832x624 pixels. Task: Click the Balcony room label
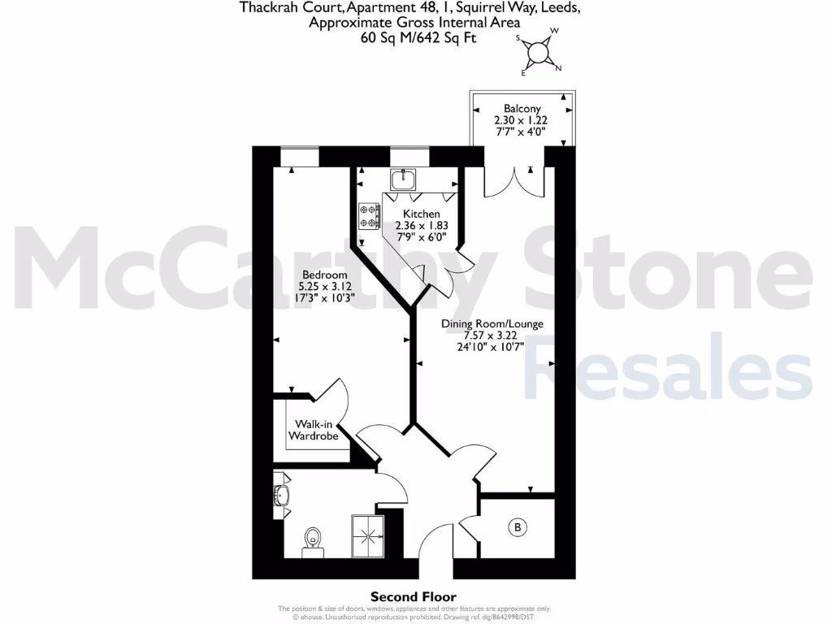click(x=522, y=108)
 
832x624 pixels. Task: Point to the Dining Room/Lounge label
click(x=492, y=324)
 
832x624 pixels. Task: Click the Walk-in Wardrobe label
click(x=314, y=430)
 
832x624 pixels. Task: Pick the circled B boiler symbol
click(x=517, y=528)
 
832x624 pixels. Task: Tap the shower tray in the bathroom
click(x=368, y=536)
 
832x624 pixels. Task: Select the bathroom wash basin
click(x=281, y=495)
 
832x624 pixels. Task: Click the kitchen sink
click(x=402, y=179)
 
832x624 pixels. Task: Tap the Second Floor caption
click(x=414, y=596)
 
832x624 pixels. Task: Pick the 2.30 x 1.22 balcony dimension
click(x=522, y=119)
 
